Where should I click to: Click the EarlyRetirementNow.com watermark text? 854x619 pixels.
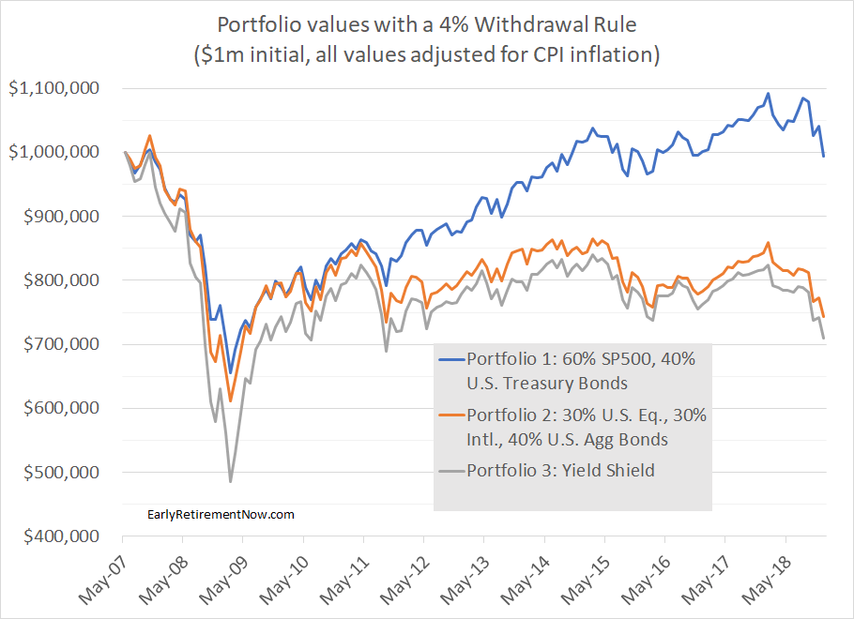221,514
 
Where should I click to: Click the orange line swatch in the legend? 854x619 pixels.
450,415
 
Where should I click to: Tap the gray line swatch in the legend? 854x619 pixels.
450,471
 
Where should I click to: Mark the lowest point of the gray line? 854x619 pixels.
230,482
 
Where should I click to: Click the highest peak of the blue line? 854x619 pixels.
768,94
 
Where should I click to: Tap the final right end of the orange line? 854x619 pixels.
824,316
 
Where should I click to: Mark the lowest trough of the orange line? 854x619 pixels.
230,401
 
